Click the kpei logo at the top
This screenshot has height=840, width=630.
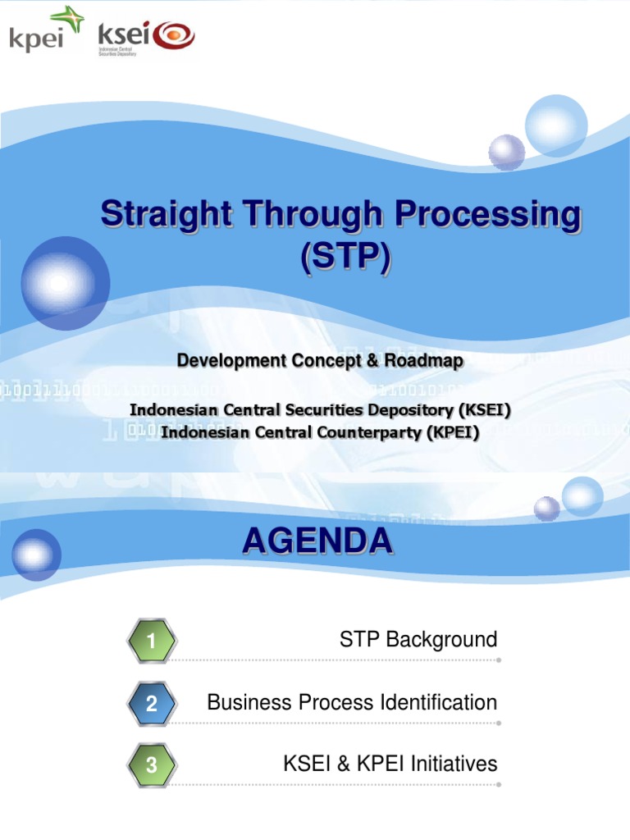point(46,31)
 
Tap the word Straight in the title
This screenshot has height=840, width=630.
point(159,216)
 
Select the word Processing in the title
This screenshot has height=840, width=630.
point(490,216)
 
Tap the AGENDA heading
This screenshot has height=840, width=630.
point(317,541)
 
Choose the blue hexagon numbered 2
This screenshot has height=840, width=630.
point(152,704)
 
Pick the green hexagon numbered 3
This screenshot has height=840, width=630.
point(152,766)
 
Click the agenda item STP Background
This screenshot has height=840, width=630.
point(418,640)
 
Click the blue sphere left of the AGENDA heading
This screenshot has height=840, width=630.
point(36,555)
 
